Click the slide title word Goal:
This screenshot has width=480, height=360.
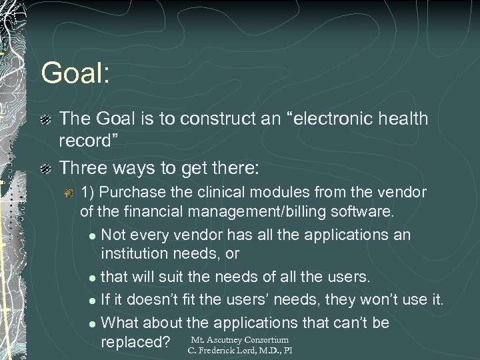click(74, 73)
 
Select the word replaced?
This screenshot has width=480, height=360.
click(133, 342)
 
